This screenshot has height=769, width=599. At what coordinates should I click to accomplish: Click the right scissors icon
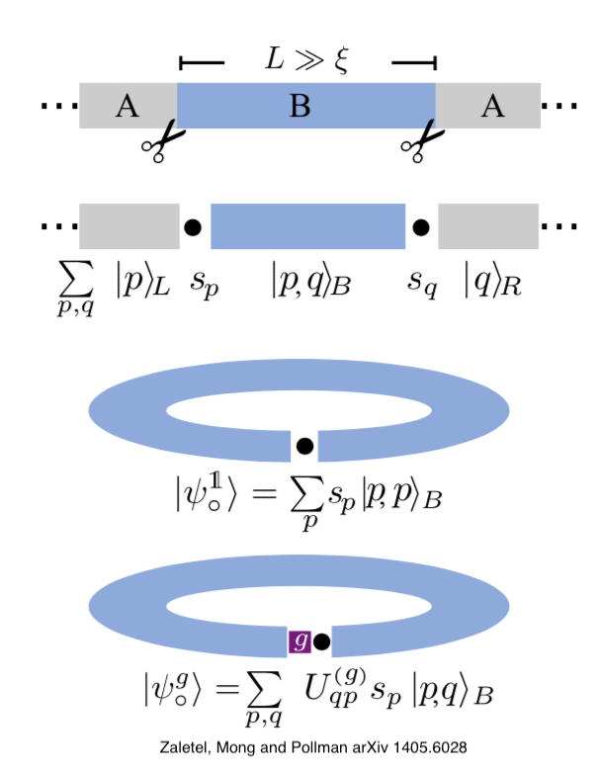coord(418,141)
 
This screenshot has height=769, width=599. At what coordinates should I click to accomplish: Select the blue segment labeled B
coord(306,105)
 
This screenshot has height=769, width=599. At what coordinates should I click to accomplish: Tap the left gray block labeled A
coord(128,105)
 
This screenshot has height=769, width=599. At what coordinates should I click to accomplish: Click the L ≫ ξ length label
coord(306,60)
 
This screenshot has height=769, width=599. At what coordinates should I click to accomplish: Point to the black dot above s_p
coord(193,227)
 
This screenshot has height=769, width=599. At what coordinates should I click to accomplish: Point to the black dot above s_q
coord(421,227)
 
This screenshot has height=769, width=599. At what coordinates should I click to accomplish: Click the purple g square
coord(299,641)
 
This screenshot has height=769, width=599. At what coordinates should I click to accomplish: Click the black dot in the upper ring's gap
coord(305,446)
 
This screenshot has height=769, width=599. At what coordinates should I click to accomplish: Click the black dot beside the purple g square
coord(321,641)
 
